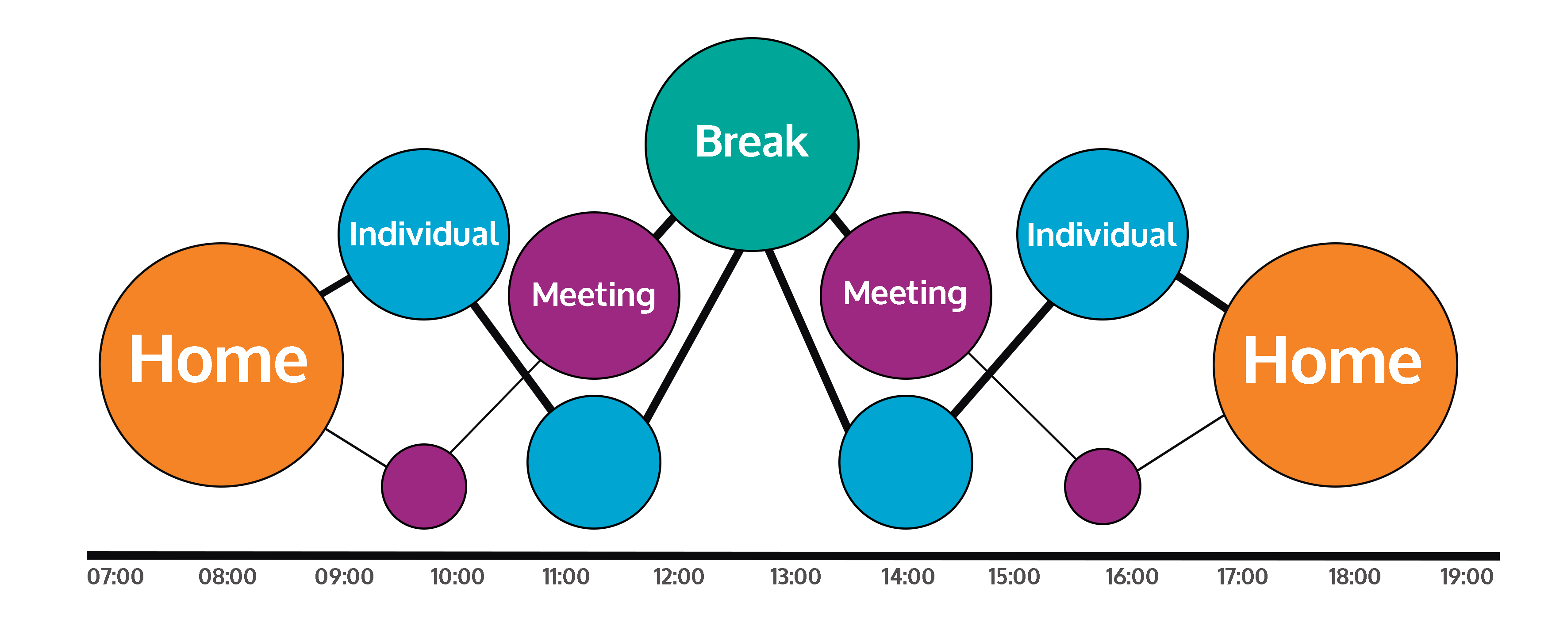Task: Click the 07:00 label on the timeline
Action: pos(115,577)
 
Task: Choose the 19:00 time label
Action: pos(1467,577)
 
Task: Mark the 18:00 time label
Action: pos(1354,577)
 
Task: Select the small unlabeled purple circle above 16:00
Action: pos(1102,487)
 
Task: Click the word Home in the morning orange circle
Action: pos(218,360)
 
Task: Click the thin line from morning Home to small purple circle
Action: pos(355,447)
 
